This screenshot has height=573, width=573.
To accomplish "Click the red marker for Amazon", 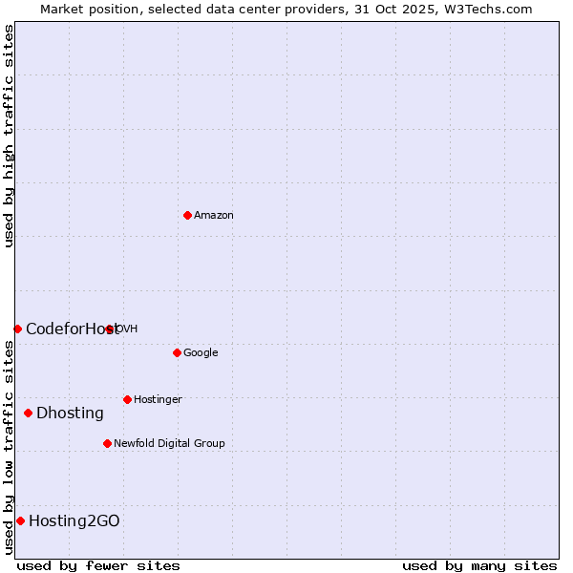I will pos(187,215).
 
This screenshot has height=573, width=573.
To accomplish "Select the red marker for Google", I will pos(177,352).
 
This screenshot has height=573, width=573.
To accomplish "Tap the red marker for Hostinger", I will pos(127,399).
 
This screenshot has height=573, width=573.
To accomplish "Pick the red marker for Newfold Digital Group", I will pos(107,443).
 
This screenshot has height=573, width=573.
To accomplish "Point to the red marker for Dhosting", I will pos(28,413).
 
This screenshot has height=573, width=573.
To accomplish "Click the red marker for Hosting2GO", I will pos(20,520).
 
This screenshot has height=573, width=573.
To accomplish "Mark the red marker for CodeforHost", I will pos(17,329).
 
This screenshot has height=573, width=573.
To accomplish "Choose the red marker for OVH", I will pos(110,329).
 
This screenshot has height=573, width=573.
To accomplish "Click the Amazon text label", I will pos(214,216).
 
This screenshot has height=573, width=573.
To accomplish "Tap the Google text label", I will pos(201,353).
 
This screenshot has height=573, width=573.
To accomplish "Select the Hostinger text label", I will pos(158,400).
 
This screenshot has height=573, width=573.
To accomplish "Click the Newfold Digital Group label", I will pos(169,444).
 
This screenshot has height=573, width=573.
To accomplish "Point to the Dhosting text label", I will pos(70,414).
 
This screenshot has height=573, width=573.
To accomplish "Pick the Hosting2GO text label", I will pos(74,521).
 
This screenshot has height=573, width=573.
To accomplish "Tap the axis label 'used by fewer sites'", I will pos(98,565).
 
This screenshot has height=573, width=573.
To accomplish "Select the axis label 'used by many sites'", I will pos(479,565).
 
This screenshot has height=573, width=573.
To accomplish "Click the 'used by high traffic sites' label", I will pos(9,137).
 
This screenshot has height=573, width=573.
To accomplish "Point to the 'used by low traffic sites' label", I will pos(9,447).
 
